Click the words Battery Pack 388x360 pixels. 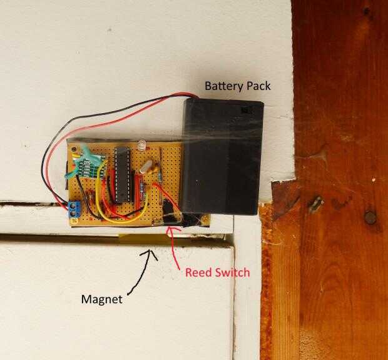[x=238, y=86]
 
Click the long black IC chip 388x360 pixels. [x=121, y=174]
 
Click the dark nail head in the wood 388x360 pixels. [x=370, y=217]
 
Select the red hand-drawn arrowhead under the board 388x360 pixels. [x=170, y=232]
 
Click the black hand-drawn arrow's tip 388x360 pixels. [x=151, y=251]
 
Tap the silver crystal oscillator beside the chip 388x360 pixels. [x=148, y=167]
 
